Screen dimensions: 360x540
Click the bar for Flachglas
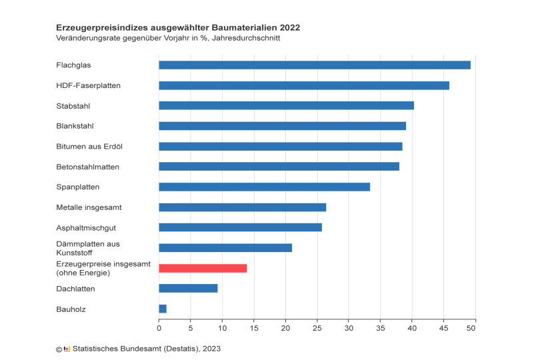coord(315,65)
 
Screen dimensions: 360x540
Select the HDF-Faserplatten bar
coord(304,85)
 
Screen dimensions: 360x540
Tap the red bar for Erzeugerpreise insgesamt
coord(203,268)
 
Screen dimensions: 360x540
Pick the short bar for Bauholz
coord(163,309)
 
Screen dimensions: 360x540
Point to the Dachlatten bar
coord(188,288)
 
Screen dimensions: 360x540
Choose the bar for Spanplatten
coord(264,187)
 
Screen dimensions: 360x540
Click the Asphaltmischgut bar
coord(240,227)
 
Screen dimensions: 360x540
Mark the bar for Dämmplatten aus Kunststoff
coord(225,248)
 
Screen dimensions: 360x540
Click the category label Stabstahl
coord(73,105)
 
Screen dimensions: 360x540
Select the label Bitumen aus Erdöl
coord(89,146)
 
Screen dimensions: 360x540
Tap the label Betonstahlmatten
coord(88,167)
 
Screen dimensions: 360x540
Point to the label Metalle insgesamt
coord(89,207)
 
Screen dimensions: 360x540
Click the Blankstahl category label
coord(75,126)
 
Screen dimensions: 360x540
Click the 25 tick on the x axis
coord(317,328)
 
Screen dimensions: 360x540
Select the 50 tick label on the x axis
coord(475,328)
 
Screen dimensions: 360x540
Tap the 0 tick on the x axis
coord(159,328)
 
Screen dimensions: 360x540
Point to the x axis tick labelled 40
coord(411,328)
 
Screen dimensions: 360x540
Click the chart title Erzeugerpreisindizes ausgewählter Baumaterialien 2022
coord(178,28)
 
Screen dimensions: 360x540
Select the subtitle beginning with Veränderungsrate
coord(168,38)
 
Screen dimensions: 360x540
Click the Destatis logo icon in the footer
coord(67,349)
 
